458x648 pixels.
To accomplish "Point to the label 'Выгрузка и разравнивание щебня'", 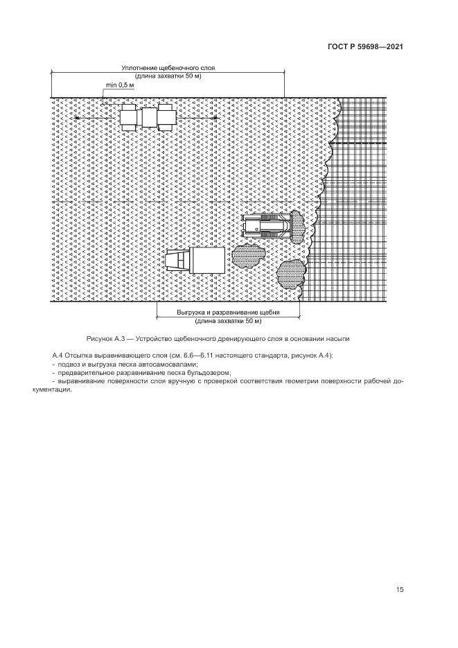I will pos(228,313).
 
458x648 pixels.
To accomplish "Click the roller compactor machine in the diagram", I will pos(148,117).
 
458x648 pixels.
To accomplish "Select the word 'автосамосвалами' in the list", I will pos(167,364).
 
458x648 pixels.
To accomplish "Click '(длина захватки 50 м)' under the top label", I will pos(168,76).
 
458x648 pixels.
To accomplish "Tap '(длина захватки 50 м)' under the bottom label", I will pos(228,321).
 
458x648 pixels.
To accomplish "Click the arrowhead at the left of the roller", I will pos(76,118).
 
